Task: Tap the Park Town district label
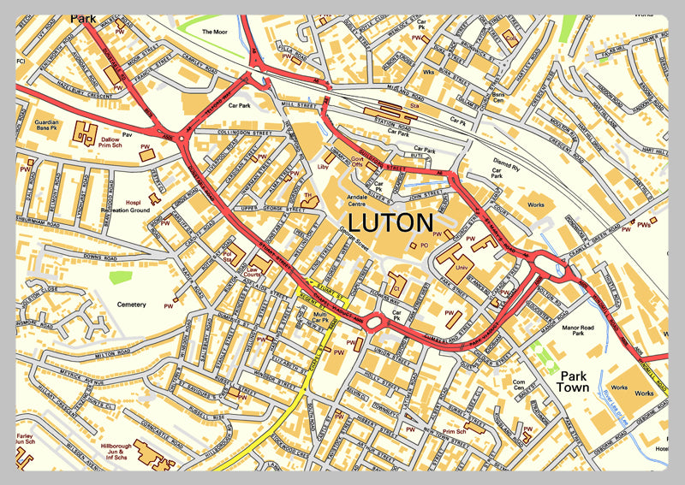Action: (x=573, y=381)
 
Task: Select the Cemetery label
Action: (x=132, y=305)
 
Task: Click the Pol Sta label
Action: (x=228, y=256)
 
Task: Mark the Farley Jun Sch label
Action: (x=26, y=440)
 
